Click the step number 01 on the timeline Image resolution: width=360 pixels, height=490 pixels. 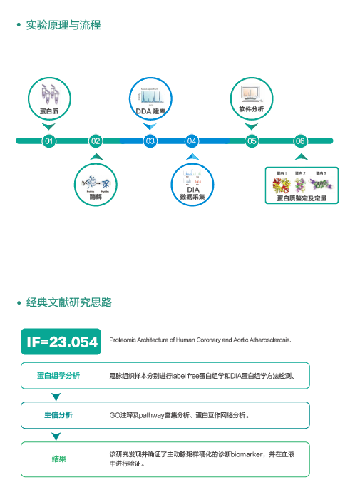[48, 141]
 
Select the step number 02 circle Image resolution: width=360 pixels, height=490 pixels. [96, 141]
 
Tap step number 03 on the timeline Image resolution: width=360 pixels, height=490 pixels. [150, 141]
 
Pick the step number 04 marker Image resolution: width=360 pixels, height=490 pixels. [191, 141]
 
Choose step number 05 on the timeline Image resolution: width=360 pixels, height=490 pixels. [252, 141]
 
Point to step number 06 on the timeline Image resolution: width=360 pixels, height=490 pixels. [300, 141]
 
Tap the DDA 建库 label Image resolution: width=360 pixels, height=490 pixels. [150, 111]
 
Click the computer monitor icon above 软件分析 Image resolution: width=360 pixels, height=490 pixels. [251, 93]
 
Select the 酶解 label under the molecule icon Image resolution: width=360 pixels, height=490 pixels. [96, 195]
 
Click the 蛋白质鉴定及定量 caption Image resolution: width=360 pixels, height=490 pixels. [301, 198]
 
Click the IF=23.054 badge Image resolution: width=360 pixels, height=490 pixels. [62, 342]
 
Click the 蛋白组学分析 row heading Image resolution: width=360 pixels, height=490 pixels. [58, 375]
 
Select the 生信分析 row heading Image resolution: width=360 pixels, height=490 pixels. [58, 415]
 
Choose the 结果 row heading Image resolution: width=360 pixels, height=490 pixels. [58, 459]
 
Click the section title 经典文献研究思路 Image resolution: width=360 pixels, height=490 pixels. [69, 302]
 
